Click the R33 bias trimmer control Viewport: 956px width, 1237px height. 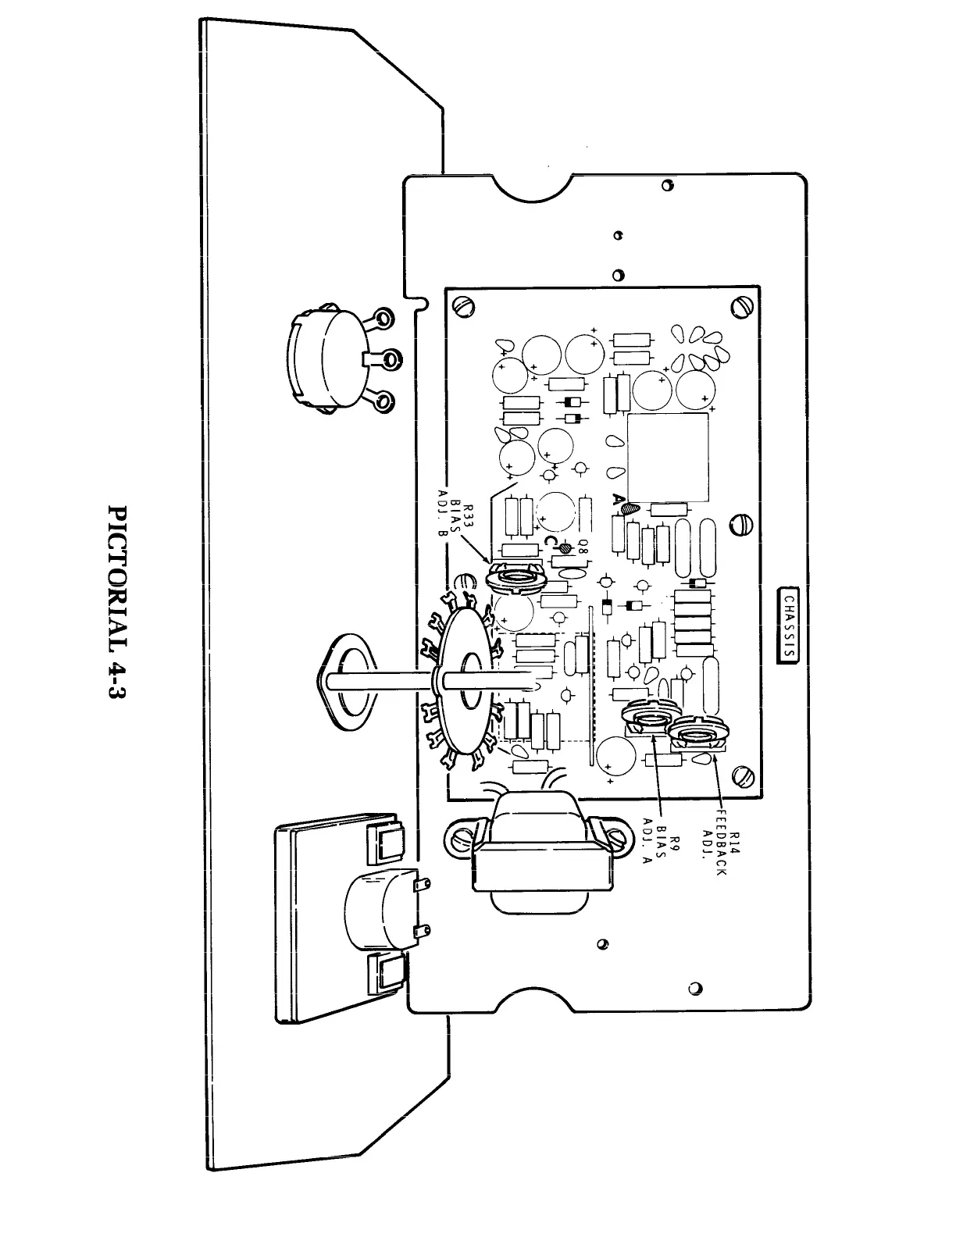[x=514, y=578]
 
